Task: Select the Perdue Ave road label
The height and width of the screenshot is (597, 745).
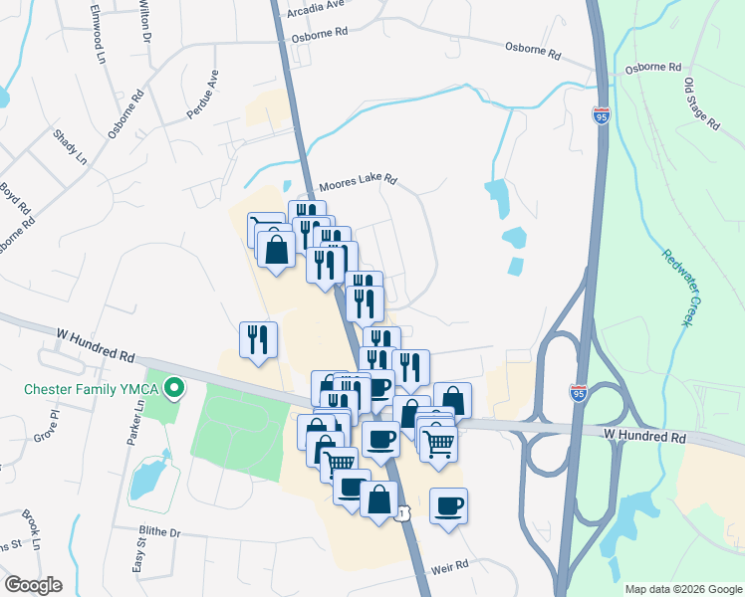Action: pos(202,96)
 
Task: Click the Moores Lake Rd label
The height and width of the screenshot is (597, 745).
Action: pos(358,183)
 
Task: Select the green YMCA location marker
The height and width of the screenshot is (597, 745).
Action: pos(176,386)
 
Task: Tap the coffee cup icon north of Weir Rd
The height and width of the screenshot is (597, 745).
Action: pos(448,505)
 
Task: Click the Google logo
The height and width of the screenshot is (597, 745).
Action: pos(33,585)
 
